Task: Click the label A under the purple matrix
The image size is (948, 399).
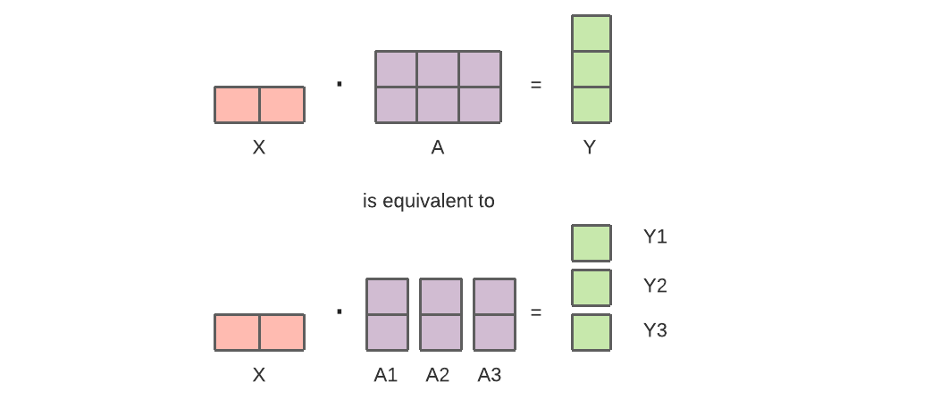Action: [x=438, y=148]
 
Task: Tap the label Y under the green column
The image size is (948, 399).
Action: [x=590, y=148]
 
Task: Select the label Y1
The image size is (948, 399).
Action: [x=655, y=237]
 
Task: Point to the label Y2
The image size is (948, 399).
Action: [x=655, y=286]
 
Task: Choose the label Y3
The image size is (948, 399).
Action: [x=655, y=330]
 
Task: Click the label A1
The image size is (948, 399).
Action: [x=386, y=375]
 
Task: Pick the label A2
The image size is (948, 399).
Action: [x=438, y=375]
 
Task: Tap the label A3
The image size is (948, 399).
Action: [x=490, y=375]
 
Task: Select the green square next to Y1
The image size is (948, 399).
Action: [x=591, y=243]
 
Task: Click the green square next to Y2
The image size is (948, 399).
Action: [x=591, y=287]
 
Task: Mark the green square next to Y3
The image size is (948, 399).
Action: [x=591, y=331]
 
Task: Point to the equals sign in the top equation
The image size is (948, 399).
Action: [x=536, y=86]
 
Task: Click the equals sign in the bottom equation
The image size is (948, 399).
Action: [x=536, y=312]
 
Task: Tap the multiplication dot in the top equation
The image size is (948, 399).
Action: [x=340, y=85]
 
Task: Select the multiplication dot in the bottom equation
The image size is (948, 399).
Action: [x=340, y=312]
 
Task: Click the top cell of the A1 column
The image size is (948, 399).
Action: [x=387, y=296]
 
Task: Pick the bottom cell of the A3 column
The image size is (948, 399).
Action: [x=494, y=332]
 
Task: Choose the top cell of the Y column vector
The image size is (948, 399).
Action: [x=591, y=33]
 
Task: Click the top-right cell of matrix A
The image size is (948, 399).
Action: [x=480, y=69]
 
